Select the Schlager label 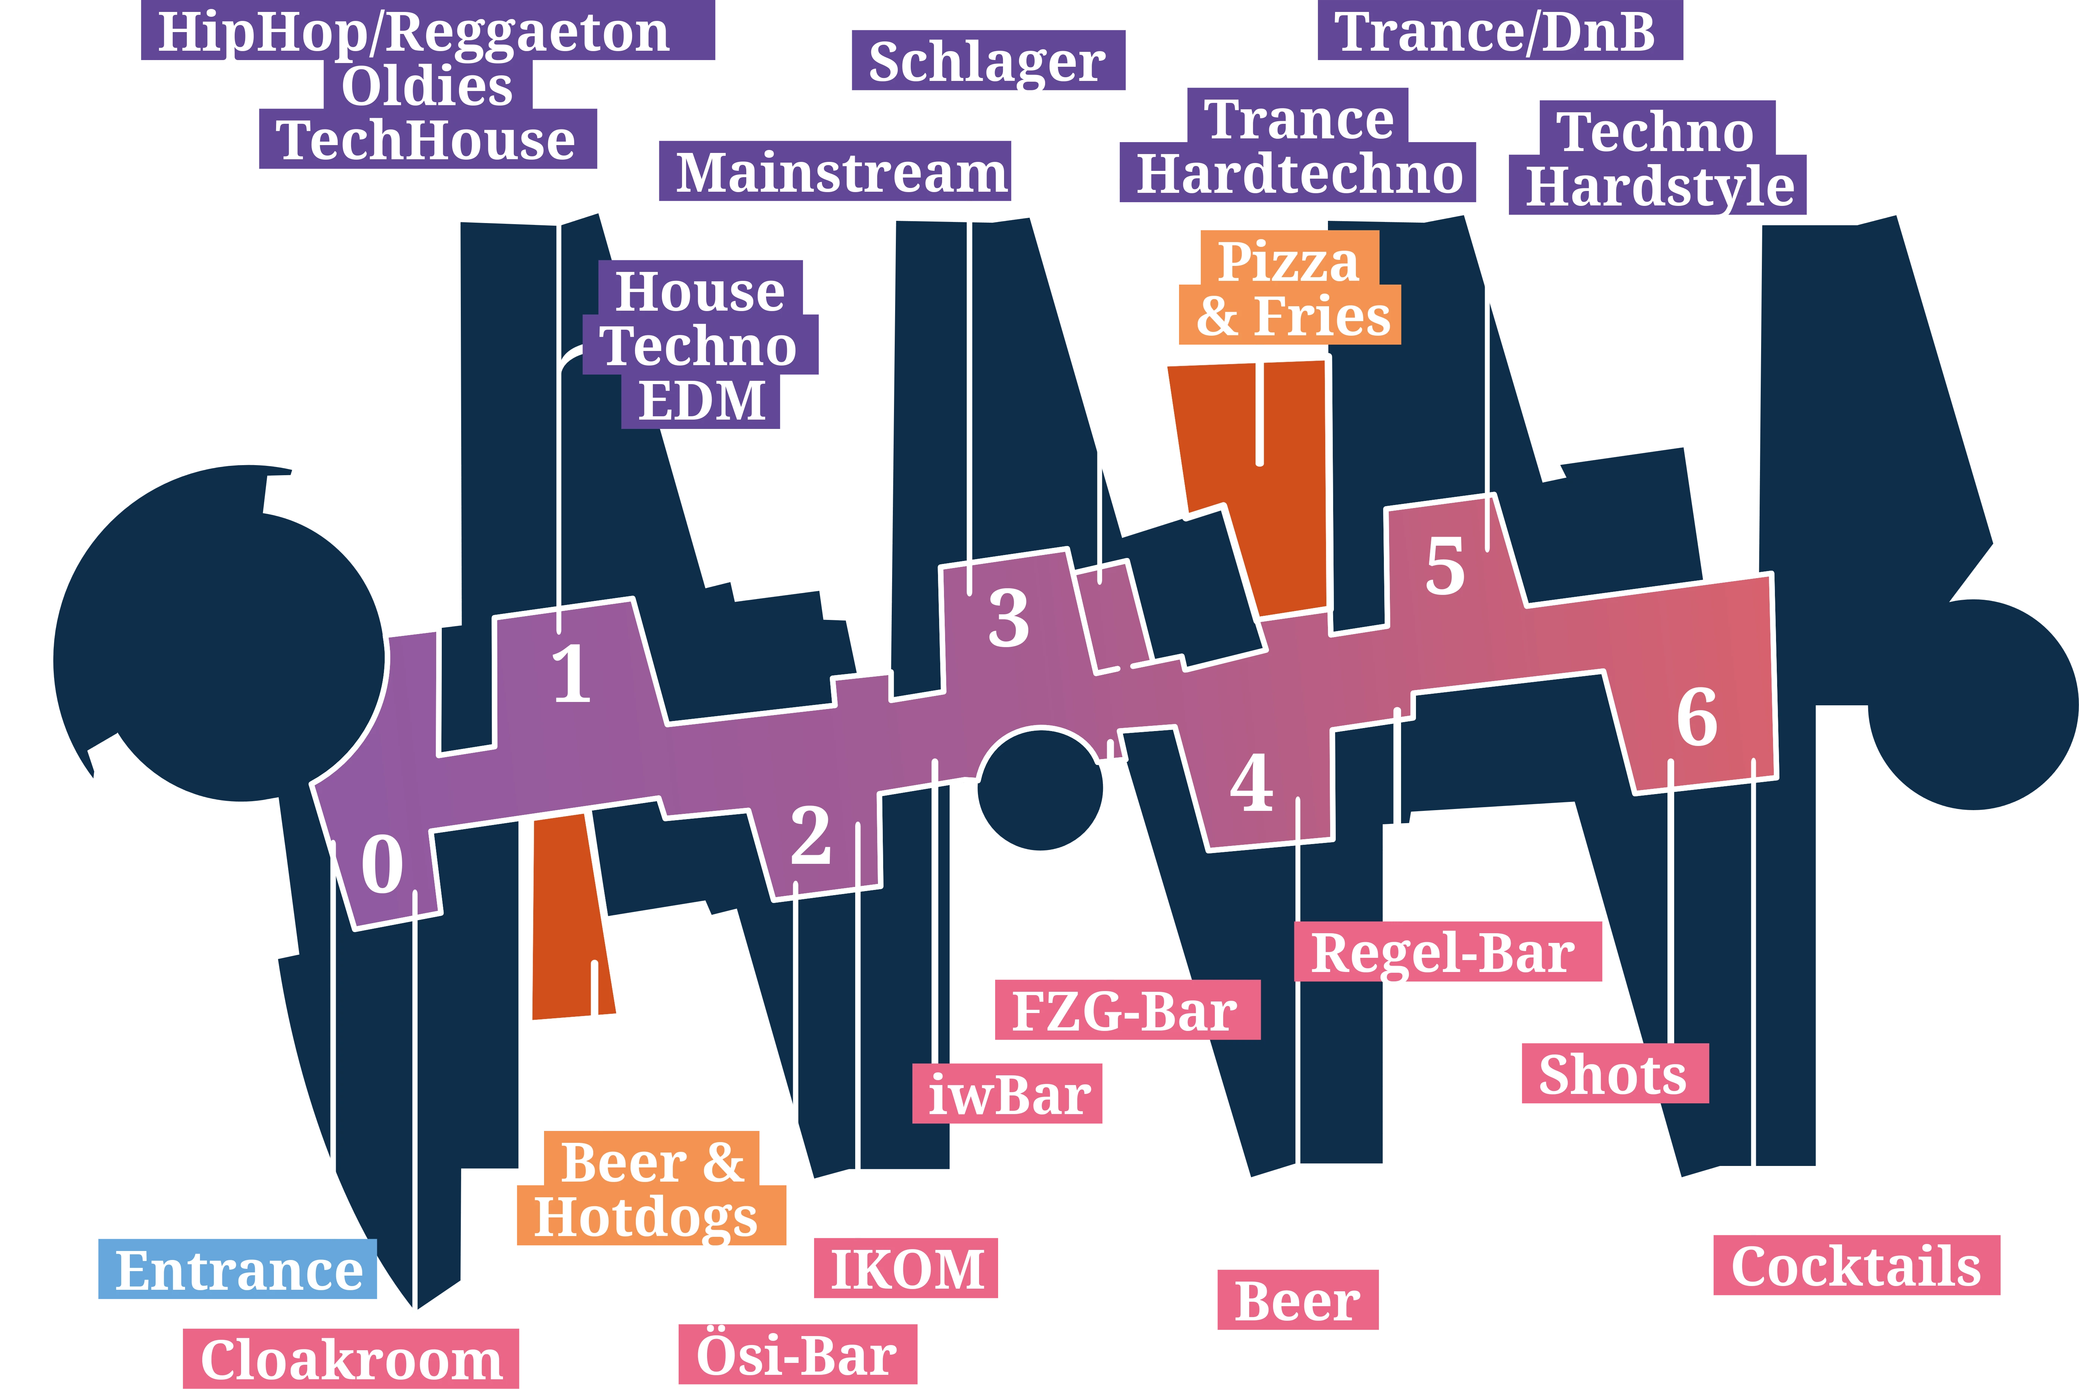click(x=988, y=60)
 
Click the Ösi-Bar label click(x=798, y=1354)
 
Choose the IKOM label click(x=906, y=1269)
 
